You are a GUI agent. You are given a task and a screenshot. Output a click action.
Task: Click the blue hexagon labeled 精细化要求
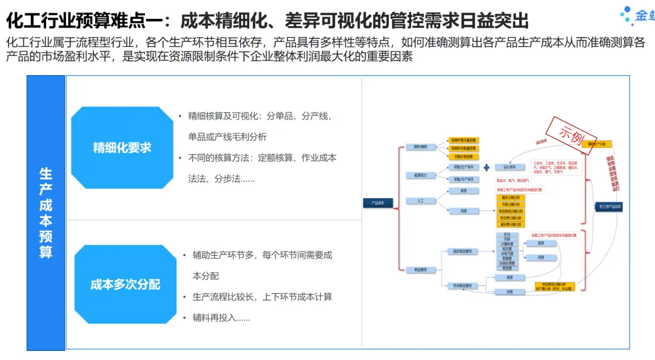[122, 147]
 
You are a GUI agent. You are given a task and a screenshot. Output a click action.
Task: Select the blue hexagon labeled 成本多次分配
[126, 284]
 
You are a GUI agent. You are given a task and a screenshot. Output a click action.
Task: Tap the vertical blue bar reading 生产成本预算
[46, 213]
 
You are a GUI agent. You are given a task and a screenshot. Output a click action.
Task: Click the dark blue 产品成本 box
[378, 202]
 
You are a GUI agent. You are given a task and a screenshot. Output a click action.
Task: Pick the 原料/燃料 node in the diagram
[420, 147]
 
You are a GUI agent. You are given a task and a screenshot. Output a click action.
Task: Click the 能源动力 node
[420, 175]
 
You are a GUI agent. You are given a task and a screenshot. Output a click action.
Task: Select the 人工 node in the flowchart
[420, 200]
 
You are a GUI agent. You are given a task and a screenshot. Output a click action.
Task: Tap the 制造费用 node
[420, 269]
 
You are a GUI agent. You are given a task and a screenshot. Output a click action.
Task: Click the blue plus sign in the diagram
[486, 167]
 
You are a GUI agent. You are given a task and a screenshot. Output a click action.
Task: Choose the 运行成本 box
[509, 167]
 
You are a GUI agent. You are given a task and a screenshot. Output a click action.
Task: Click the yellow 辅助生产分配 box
[597, 144]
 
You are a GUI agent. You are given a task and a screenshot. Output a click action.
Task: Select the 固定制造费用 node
[462, 250]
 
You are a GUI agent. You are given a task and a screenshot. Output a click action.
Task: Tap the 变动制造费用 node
[462, 285]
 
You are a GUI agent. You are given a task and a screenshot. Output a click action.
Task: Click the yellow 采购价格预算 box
[463, 156]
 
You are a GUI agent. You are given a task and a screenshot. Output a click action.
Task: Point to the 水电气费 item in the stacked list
[507, 253]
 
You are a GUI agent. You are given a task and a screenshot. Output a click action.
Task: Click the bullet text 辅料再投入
[221, 317]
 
